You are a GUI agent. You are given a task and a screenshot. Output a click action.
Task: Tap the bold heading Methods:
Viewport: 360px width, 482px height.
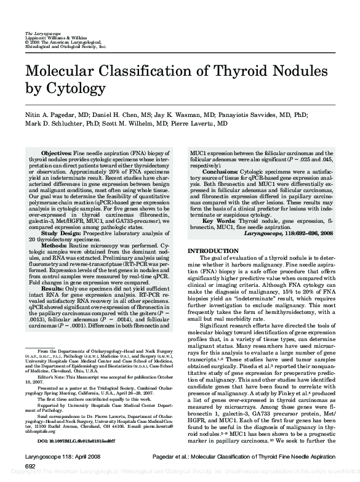(54, 245)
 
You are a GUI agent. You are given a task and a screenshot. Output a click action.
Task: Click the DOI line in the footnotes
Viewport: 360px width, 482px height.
(68, 442)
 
